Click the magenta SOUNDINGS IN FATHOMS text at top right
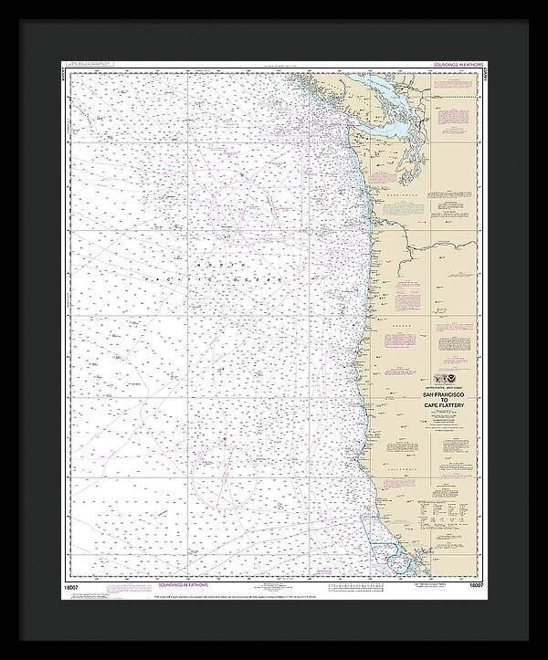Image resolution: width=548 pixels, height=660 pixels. click(450, 67)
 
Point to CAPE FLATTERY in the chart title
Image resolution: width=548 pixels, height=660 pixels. click(442, 408)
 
